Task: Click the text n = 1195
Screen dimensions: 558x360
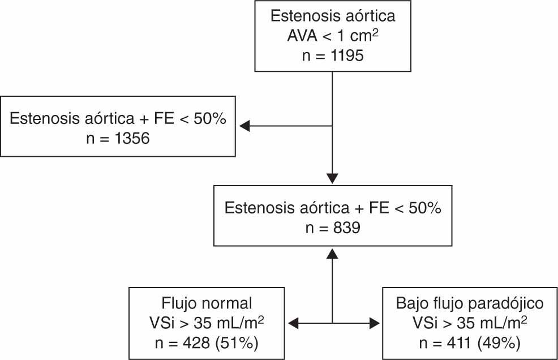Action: pos(332,57)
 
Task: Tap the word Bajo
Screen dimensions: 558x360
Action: pos(411,302)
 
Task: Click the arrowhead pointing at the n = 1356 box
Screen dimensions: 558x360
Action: pos(245,126)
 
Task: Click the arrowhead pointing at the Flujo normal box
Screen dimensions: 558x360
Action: pos(294,323)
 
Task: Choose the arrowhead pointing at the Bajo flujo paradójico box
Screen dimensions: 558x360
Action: pos(374,323)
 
